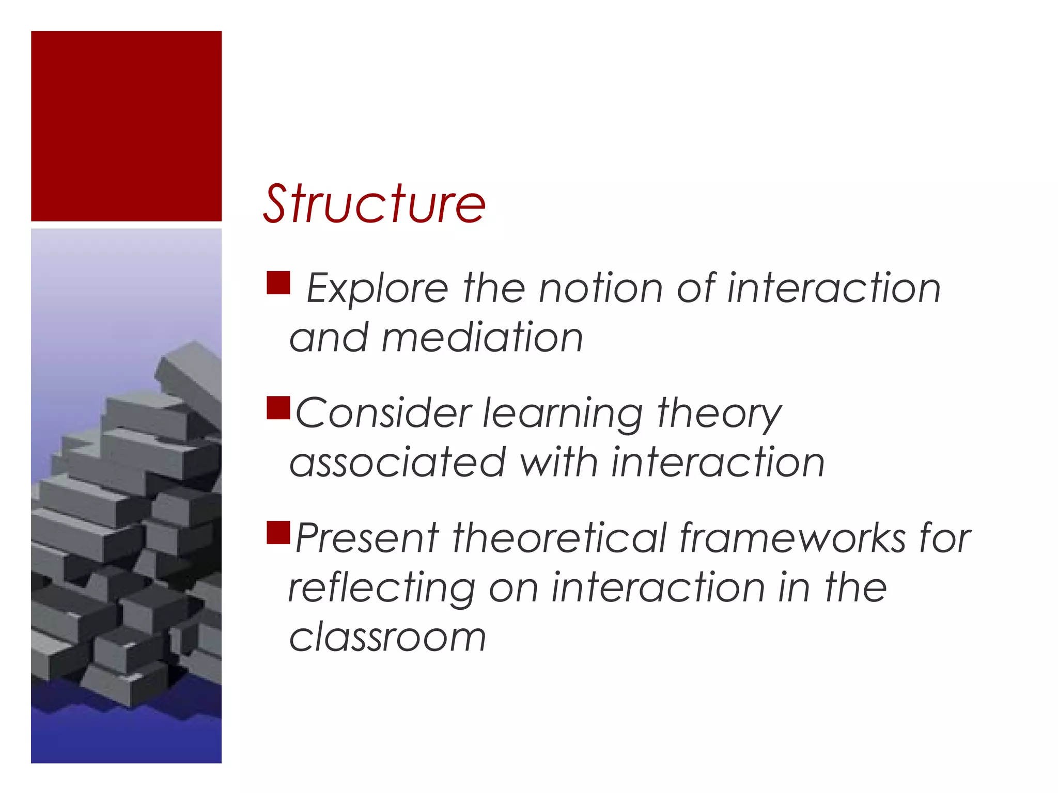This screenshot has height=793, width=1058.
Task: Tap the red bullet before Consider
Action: tap(278, 407)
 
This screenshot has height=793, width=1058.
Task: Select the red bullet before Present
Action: tap(278, 533)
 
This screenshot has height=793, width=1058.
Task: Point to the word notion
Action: tap(600, 288)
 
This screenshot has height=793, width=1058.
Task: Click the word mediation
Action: tap(482, 338)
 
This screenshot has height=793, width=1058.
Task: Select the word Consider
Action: tap(383, 413)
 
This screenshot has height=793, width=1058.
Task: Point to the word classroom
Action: tap(387, 638)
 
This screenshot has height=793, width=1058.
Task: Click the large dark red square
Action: tap(126, 126)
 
